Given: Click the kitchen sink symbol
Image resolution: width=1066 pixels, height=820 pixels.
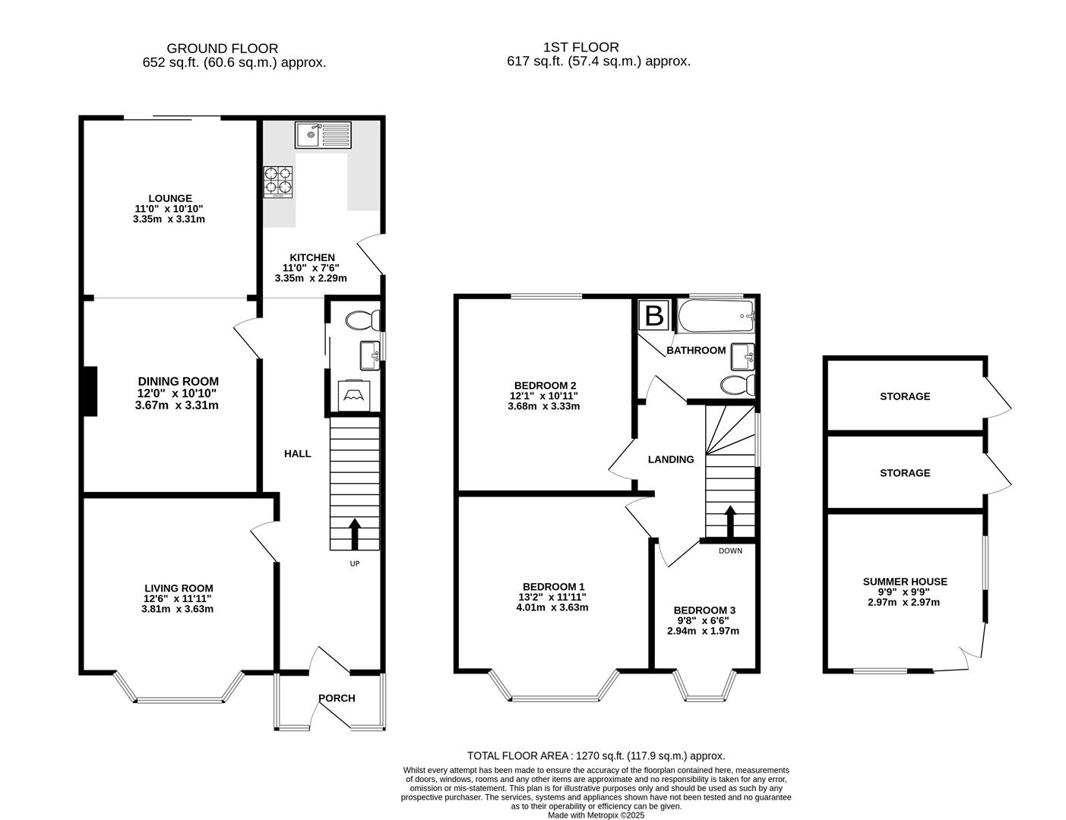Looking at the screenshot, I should tap(323, 135).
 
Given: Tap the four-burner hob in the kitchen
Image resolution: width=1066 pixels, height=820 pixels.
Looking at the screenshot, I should tap(277, 181).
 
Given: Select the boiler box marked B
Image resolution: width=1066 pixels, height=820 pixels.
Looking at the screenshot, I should tap(653, 316).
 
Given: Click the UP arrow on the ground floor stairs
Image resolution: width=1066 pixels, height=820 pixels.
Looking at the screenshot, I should tap(354, 534).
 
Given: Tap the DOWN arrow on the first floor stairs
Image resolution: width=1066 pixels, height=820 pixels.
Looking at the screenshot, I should tap(730, 522).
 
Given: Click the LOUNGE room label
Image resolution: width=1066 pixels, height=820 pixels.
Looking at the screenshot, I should tap(169, 198).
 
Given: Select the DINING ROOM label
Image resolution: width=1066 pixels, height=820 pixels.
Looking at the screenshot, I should tap(178, 381).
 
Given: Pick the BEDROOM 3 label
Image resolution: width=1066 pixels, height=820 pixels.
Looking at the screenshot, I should tap(704, 610).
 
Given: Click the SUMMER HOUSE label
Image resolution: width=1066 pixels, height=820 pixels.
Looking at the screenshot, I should tap(904, 582).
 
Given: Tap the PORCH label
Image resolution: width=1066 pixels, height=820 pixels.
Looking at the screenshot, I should tap(337, 699).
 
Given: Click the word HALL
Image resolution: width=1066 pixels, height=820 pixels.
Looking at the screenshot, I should tap(297, 453).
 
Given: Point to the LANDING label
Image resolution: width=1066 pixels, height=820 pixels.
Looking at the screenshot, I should tap(670, 459).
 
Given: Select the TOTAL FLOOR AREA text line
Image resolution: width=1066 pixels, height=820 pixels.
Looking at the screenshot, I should tap(596, 755).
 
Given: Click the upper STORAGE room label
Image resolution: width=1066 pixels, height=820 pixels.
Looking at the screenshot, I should tap(904, 396).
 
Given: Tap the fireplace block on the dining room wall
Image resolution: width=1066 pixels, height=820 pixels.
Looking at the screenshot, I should tap(90, 391).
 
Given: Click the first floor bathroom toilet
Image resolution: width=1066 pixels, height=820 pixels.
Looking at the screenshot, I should tap(737, 385).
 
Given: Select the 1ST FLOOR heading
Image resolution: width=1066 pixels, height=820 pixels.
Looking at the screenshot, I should tap(581, 47).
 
